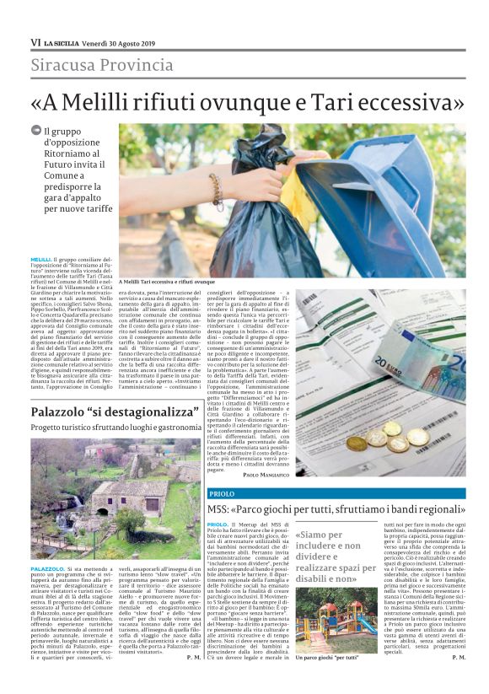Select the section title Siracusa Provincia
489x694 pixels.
[102, 65]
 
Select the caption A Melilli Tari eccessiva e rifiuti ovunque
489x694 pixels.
[167, 281]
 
